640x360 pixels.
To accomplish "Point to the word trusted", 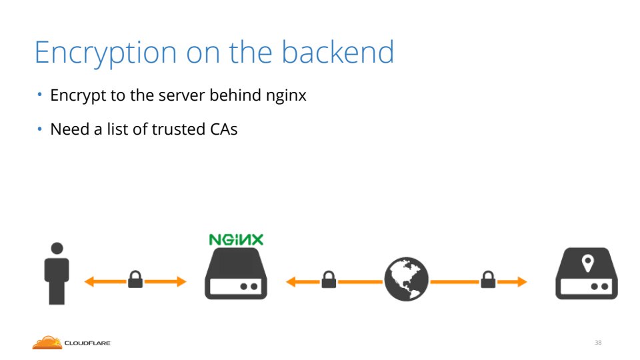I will pyautogui.click(x=175, y=129).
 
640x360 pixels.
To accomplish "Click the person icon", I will pyautogui.click(x=57, y=274).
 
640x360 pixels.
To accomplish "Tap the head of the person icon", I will pyautogui.click(x=57, y=248).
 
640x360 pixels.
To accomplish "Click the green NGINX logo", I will pyautogui.click(x=236, y=239).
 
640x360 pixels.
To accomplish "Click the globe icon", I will pyautogui.click(x=406, y=281).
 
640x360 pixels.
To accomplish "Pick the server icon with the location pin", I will pyautogui.click(x=587, y=274).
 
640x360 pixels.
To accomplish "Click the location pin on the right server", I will pyautogui.click(x=587, y=263).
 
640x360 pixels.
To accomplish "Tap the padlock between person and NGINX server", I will pyautogui.click(x=135, y=279).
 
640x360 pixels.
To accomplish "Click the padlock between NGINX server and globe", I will pyautogui.click(x=328, y=279).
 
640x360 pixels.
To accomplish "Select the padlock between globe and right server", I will pyautogui.click(x=488, y=279).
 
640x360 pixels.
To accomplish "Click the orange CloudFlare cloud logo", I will pyautogui.click(x=47, y=343).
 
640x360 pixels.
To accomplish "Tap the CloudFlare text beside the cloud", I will pyautogui.click(x=87, y=343).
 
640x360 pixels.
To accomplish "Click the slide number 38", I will pyautogui.click(x=598, y=343).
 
